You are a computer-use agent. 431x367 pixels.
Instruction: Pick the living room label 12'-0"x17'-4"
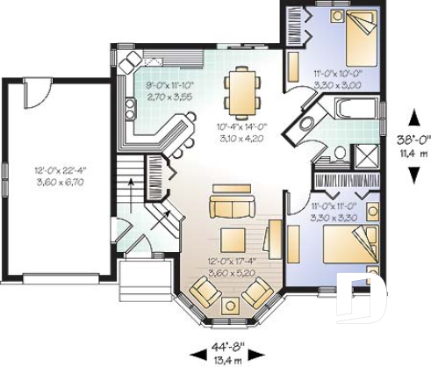(x=231, y=262)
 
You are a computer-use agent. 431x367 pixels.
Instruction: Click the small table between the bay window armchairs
(x=230, y=305)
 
